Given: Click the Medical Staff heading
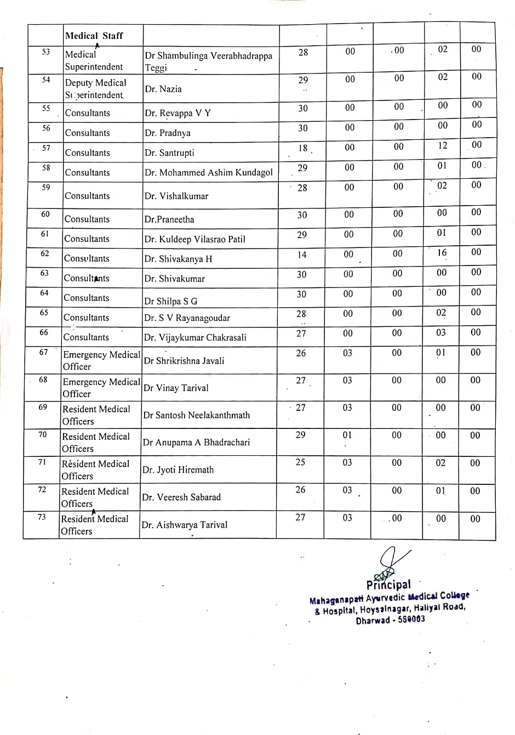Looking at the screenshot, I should coord(94,36).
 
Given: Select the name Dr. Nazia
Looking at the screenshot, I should coord(163,89).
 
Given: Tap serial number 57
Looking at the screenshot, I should coord(46,148).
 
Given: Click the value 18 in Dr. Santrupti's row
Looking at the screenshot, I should coord(303,148).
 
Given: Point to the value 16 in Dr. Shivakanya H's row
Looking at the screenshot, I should coord(442,253).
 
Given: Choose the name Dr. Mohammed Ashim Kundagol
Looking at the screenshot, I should coord(208,172).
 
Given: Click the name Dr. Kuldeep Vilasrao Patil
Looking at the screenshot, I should coord(194,239).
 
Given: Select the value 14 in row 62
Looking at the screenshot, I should coord(302,255).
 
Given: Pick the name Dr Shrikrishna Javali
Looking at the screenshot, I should coord(184,360).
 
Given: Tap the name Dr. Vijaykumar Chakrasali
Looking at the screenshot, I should coord(195,337).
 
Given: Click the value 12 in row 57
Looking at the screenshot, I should coord(442,145).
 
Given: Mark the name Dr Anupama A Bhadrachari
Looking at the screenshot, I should coord(196,442).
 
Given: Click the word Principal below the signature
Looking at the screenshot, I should coord(388,585).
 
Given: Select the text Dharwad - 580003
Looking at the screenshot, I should coord(390,620).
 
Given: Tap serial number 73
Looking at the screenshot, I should coord(42,517).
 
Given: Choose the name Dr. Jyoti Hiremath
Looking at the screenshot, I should coord(178,470).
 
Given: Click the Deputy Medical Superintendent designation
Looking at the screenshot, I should coord(95,89).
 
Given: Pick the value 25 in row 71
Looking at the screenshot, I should coord(300,462).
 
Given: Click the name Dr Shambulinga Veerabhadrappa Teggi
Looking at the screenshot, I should coord(208,61).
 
